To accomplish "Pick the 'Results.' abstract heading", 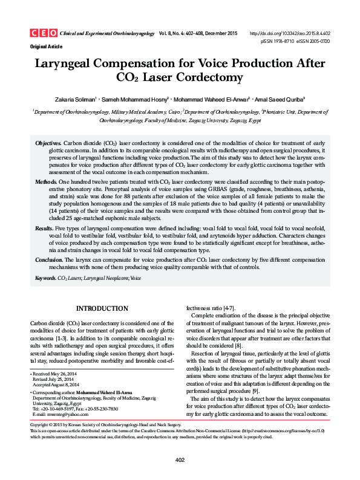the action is (x=44, y=229).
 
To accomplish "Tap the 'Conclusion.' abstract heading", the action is (x=49, y=259).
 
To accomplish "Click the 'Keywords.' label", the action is (x=46, y=277).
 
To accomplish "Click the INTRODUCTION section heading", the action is (x=102, y=308).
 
